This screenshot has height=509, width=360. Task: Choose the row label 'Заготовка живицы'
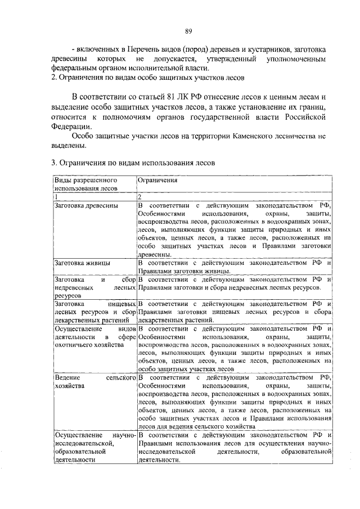click(82, 263)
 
